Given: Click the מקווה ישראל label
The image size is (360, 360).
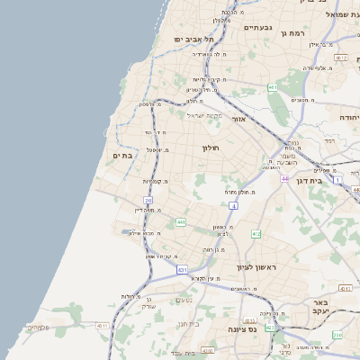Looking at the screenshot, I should (x=203, y=115).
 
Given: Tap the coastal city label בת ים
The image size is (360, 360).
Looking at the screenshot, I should (x=121, y=156).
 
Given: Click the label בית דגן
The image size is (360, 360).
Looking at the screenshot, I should (x=308, y=180).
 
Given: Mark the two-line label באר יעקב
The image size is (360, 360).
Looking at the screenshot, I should (x=317, y=306).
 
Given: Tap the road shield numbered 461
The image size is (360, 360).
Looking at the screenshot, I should (x=273, y=87).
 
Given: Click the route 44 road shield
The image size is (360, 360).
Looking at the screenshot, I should (x=284, y=179).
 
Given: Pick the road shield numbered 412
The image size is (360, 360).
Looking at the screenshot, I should (x=256, y=234).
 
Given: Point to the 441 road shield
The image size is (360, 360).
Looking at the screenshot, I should (x=181, y=221).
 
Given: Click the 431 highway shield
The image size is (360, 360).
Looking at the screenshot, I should (x=183, y=269).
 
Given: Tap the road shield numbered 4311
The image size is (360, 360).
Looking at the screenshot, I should (x=103, y=326).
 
